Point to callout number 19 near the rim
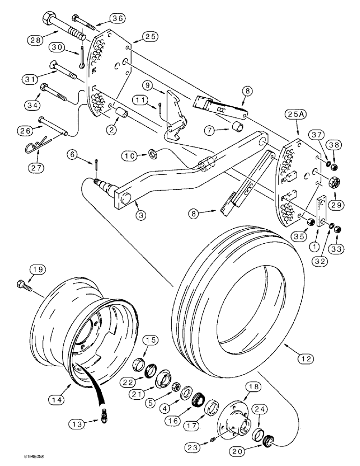(39, 269)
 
